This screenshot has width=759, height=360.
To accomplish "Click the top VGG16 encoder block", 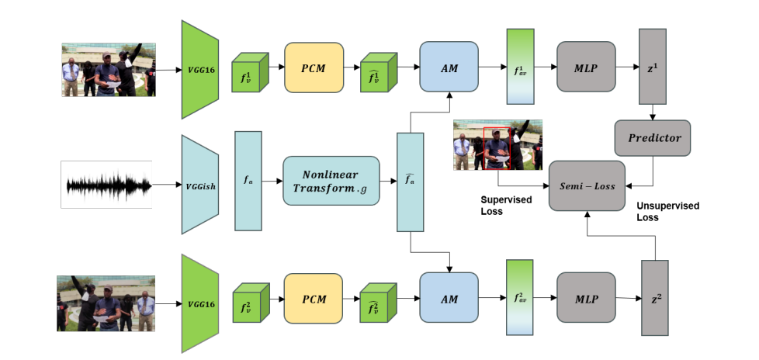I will (x=201, y=70).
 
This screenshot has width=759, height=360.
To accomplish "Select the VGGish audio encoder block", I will (x=201, y=185).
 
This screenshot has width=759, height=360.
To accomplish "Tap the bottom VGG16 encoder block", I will (x=201, y=303).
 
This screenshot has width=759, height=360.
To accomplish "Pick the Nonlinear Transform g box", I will (x=331, y=181).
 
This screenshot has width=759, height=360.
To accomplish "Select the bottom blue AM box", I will (x=449, y=299).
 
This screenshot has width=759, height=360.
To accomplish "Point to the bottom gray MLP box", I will (x=586, y=299).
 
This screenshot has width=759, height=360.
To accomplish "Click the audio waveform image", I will (x=106, y=185).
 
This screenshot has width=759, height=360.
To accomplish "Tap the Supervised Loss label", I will (x=506, y=205).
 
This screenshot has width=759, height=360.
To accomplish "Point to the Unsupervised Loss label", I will (x=667, y=212).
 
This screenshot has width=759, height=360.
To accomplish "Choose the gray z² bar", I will (x=655, y=298).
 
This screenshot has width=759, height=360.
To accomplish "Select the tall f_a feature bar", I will (x=248, y=181).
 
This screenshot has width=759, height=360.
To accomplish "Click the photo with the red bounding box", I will (x=497, y=145).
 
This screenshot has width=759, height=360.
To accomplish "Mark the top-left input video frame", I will (x=109, y=70).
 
